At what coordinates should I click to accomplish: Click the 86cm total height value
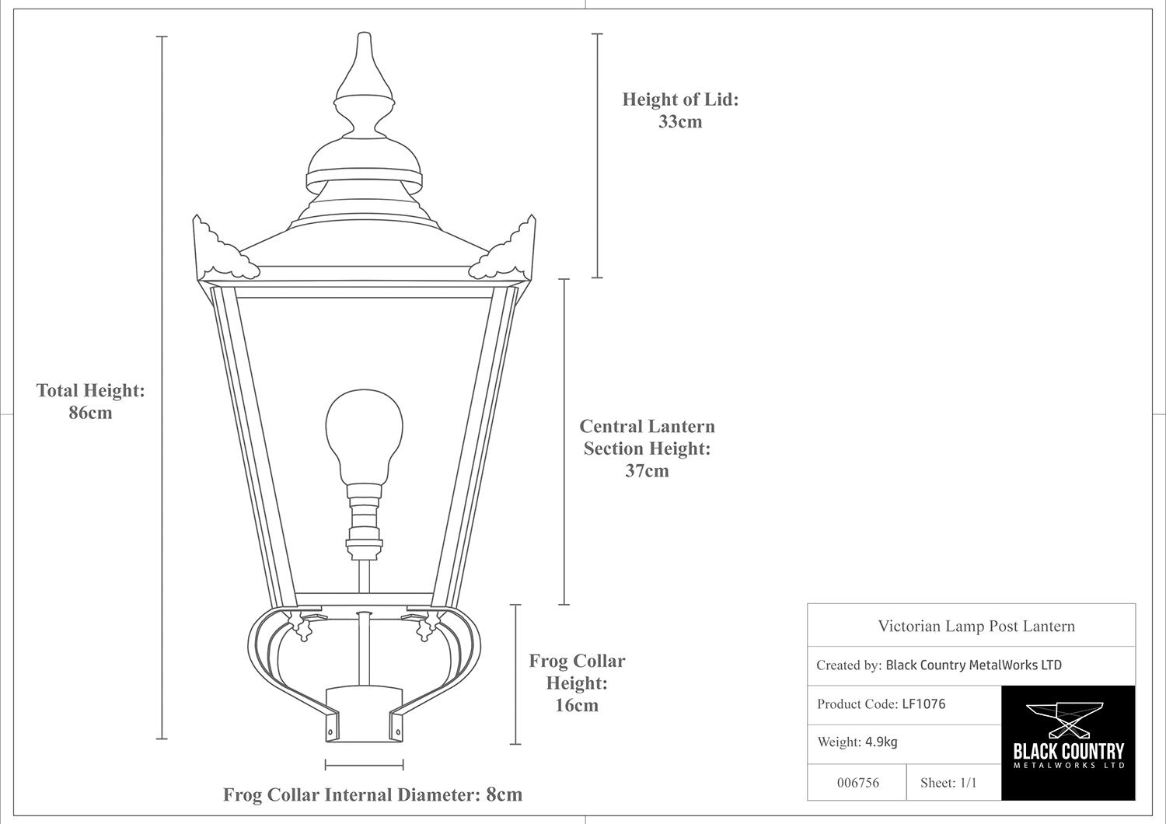pos(90,413)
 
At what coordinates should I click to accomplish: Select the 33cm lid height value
pos(680,121)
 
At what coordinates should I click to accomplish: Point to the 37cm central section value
pos(647,470)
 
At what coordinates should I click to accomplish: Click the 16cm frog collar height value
pos(577,706)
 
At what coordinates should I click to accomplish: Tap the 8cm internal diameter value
pos(504,794)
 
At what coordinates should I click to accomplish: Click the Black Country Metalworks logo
pos(1068,742)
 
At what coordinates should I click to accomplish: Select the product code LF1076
pos(923,704)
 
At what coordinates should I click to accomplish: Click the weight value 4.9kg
pos(881,742)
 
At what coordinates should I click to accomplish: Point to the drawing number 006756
pos(858,783)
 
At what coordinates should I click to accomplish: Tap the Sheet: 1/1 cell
pos(948,783)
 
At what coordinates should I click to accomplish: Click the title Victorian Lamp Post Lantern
pos(976,626)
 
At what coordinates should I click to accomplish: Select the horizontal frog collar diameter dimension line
pos(364,765)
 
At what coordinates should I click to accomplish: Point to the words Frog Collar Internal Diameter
pos(351,794)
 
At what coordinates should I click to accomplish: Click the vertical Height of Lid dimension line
pos(597,155)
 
